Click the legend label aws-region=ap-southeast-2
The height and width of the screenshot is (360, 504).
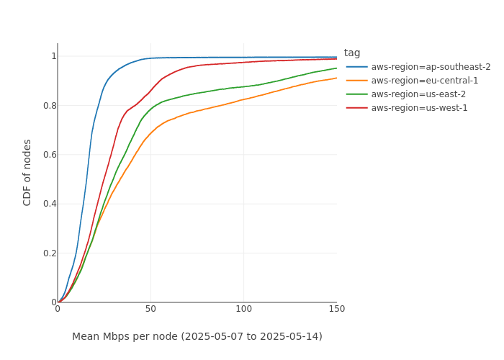(431, 67)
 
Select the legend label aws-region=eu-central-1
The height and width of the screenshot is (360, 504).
(425, 81)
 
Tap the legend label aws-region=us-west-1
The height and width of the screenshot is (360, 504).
(419, 108)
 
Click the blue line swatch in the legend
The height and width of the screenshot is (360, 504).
(357, 67)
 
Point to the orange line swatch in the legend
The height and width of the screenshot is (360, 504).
(357, 81)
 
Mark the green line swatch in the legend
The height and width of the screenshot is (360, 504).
(357, 94)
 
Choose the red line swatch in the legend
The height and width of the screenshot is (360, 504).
(357, 108)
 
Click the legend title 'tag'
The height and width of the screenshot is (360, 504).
(352, 53)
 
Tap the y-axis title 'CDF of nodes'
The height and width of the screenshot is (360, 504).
(27, 172)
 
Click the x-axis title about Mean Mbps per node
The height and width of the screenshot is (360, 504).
(197, 336)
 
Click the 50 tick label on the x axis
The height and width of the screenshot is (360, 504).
(150, 309)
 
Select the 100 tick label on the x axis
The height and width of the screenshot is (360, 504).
(243, 309)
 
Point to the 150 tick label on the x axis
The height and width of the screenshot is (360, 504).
(336, 309)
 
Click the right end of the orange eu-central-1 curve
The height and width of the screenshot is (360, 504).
(336, 78)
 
